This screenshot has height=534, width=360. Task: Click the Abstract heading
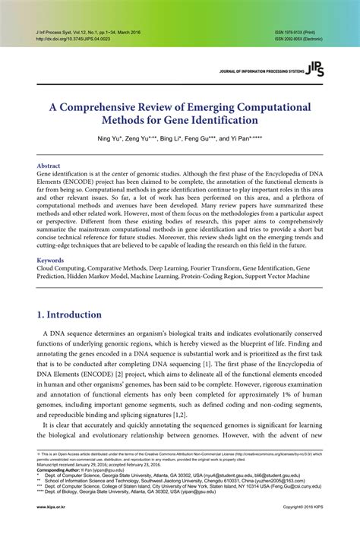49,165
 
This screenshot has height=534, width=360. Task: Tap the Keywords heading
51,261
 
